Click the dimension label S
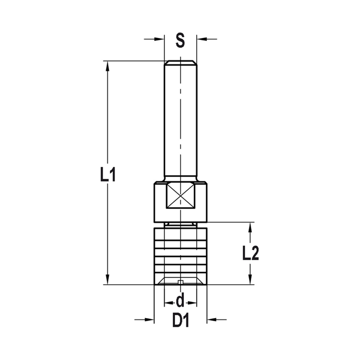[x=180, y=41]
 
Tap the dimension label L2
[x=250, y=253]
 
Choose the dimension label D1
[x=180, y=320]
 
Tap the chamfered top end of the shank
[x=180, y=63]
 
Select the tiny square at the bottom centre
[x=180, y=282]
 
